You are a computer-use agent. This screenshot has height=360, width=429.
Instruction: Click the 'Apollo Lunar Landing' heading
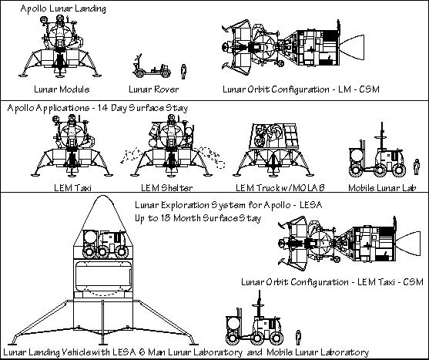click(x=63, y=8)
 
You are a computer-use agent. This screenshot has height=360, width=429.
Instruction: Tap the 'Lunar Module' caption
click(x=62, y=89)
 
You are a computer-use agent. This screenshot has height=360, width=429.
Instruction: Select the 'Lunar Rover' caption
click(x=154, y=89)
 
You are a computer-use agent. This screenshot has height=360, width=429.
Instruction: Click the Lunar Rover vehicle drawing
click(x=152, y=66)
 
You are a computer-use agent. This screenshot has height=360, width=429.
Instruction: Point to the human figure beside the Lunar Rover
click(x=183, y=72)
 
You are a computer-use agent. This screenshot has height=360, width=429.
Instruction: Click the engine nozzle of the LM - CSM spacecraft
click(x=353, y=47)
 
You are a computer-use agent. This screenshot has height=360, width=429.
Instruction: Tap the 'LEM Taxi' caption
click(x=72, y=188)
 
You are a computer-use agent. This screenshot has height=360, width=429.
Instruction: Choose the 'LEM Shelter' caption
click(x=167, y=188)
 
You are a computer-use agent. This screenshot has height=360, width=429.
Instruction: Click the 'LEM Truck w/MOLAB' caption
click(x=280, y=188)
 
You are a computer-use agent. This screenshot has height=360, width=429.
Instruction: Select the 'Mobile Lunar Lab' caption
click(x=382, y=188)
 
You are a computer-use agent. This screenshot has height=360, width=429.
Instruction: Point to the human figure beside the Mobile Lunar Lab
click(x=417, y=167)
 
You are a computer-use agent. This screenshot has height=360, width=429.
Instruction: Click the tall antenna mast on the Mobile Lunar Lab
click(x=382, y=136)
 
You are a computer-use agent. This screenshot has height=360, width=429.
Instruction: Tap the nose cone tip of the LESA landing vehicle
click(x=103, y=196)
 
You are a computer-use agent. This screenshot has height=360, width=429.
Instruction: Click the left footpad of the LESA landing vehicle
click(x=12, y=344)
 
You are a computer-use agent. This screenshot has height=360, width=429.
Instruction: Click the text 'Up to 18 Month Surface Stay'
click(x=198, y=218)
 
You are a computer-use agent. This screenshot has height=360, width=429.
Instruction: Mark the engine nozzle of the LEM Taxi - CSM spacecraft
click(x=409, y=244)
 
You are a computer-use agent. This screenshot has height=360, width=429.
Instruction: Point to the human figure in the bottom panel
click(x=298, y=338)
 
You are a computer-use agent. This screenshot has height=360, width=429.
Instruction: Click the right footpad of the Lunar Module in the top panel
click(x=96, y=75)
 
